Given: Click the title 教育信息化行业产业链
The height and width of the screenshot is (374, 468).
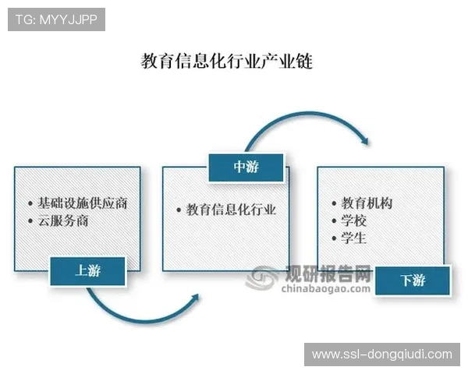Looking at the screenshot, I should pos(226,62).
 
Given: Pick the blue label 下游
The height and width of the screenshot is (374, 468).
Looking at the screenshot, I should pos(413,280).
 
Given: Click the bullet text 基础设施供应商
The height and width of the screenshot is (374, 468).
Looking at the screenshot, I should pos(82,203).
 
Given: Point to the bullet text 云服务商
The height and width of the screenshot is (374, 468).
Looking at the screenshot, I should pos(62,221).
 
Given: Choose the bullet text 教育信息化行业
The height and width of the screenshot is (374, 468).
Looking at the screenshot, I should pos(231,210).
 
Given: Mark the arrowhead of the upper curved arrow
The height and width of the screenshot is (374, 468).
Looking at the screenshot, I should pos(363,141).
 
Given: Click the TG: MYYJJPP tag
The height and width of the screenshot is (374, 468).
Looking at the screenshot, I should pos(56,19).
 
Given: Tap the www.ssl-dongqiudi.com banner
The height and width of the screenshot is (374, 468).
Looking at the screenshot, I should pos(381,355).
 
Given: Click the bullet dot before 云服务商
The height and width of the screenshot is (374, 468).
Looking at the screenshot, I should pos(29,221).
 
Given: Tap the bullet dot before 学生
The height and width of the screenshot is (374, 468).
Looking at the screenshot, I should pos(325,239).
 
